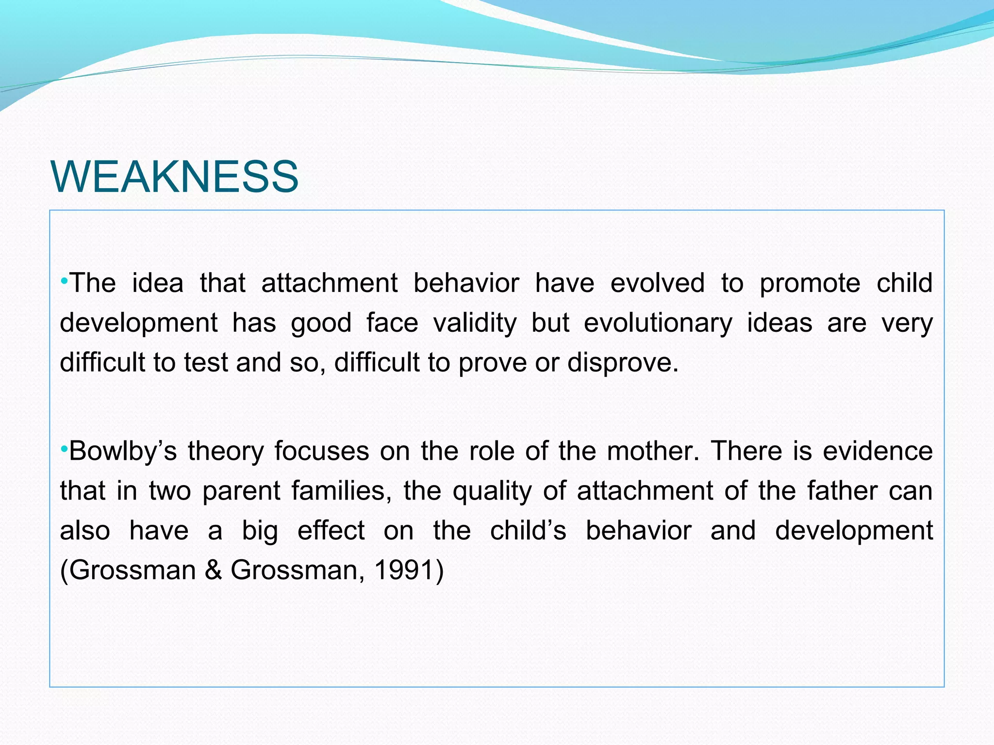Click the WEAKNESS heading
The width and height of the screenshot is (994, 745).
click(174, 177)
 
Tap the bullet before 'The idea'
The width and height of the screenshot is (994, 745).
click(64, 281)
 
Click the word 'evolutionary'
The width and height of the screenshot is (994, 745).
click(658, 324)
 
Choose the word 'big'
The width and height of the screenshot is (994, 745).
click(260, 531)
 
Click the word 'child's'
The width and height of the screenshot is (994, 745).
click(528, 531)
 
